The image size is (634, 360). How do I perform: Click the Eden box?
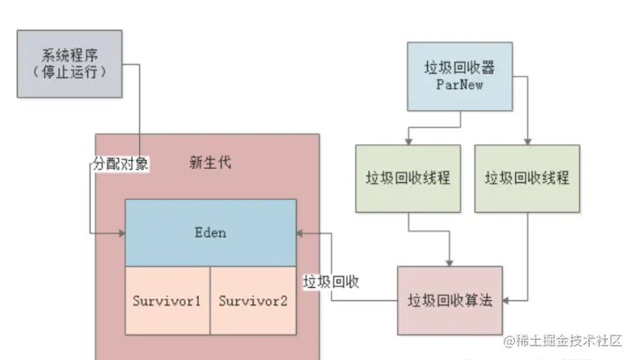pyautogui.click(x=210, y=232)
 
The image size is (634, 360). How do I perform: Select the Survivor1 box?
pyautogui.click(x=167, y=300)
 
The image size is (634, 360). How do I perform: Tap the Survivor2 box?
pyautogui.click(x=253, y=300)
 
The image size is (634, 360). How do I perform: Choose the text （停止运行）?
pyautogui.click(x=69, y=72)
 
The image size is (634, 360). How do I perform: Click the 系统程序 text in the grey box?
pyautogui.click(x=69, y=55)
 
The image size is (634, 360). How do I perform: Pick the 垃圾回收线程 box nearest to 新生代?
pyautogui.click(x=407, y=177)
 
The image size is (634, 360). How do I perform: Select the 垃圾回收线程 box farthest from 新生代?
pyautogui.click(x=527, y=177)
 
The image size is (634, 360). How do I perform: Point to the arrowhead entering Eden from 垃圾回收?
pyautogui.click(x=301, y=232)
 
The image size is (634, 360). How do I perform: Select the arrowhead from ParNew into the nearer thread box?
pyautogui.click(x=407, y=141)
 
